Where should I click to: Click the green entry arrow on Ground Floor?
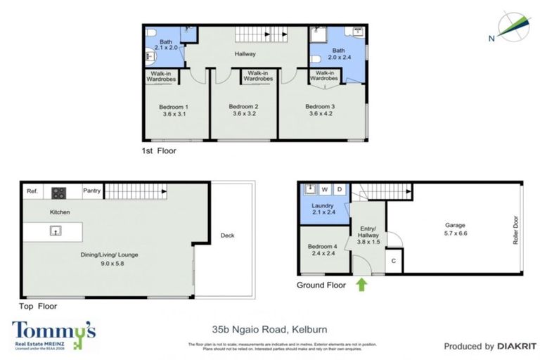click(362, 285)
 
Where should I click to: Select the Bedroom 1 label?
click(175, 111)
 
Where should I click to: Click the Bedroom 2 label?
click(244, 111)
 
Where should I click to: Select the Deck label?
click(227, 236)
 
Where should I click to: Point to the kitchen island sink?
click(53, 231)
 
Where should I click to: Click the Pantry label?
click(92, 191)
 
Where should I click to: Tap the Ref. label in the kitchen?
click(32, 191)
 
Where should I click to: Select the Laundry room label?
click(322, 208)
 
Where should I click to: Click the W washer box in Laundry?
click(325, 189)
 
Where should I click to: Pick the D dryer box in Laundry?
click(339, 189)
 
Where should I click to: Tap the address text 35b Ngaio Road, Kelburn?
click(270, 329)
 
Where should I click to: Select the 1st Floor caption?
click(158, 150)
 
